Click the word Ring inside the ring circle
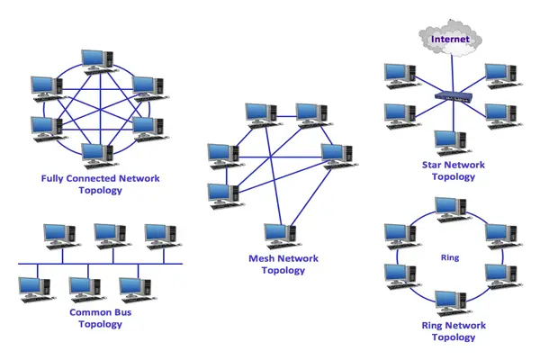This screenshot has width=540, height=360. coord(450,257)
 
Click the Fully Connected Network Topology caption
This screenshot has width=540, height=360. coord(100,184)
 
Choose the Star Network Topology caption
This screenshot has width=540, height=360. coord(453,171)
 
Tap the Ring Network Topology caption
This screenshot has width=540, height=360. coord(454,331)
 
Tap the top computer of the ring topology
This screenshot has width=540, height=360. coord(447,209)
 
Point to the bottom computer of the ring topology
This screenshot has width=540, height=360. coord(447,302)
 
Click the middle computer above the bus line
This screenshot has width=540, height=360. coord(110,237)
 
